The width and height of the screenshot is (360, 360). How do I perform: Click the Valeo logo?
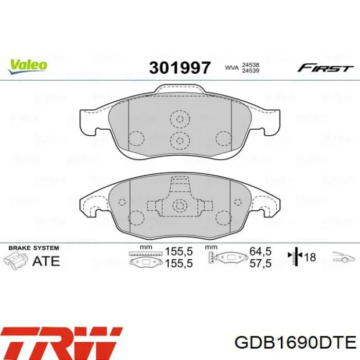[28, 65]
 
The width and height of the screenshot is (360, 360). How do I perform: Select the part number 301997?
[179, 67]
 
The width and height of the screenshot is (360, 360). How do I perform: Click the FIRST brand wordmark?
[325, 68]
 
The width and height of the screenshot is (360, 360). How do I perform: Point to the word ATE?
[46, 261]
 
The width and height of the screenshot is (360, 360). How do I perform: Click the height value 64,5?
[260, 253]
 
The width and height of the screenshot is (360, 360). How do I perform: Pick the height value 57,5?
[260, 263]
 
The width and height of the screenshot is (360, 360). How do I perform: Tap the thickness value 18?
[310, 258]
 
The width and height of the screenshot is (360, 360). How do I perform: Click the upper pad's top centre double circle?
[180, 119]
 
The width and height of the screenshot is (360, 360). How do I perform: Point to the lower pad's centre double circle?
[180, 207]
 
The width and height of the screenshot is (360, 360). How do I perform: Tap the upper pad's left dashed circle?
[136, 138]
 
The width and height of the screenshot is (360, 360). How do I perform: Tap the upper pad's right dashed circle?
[224, 138]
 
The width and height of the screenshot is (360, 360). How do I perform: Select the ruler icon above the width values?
[147, 254]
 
